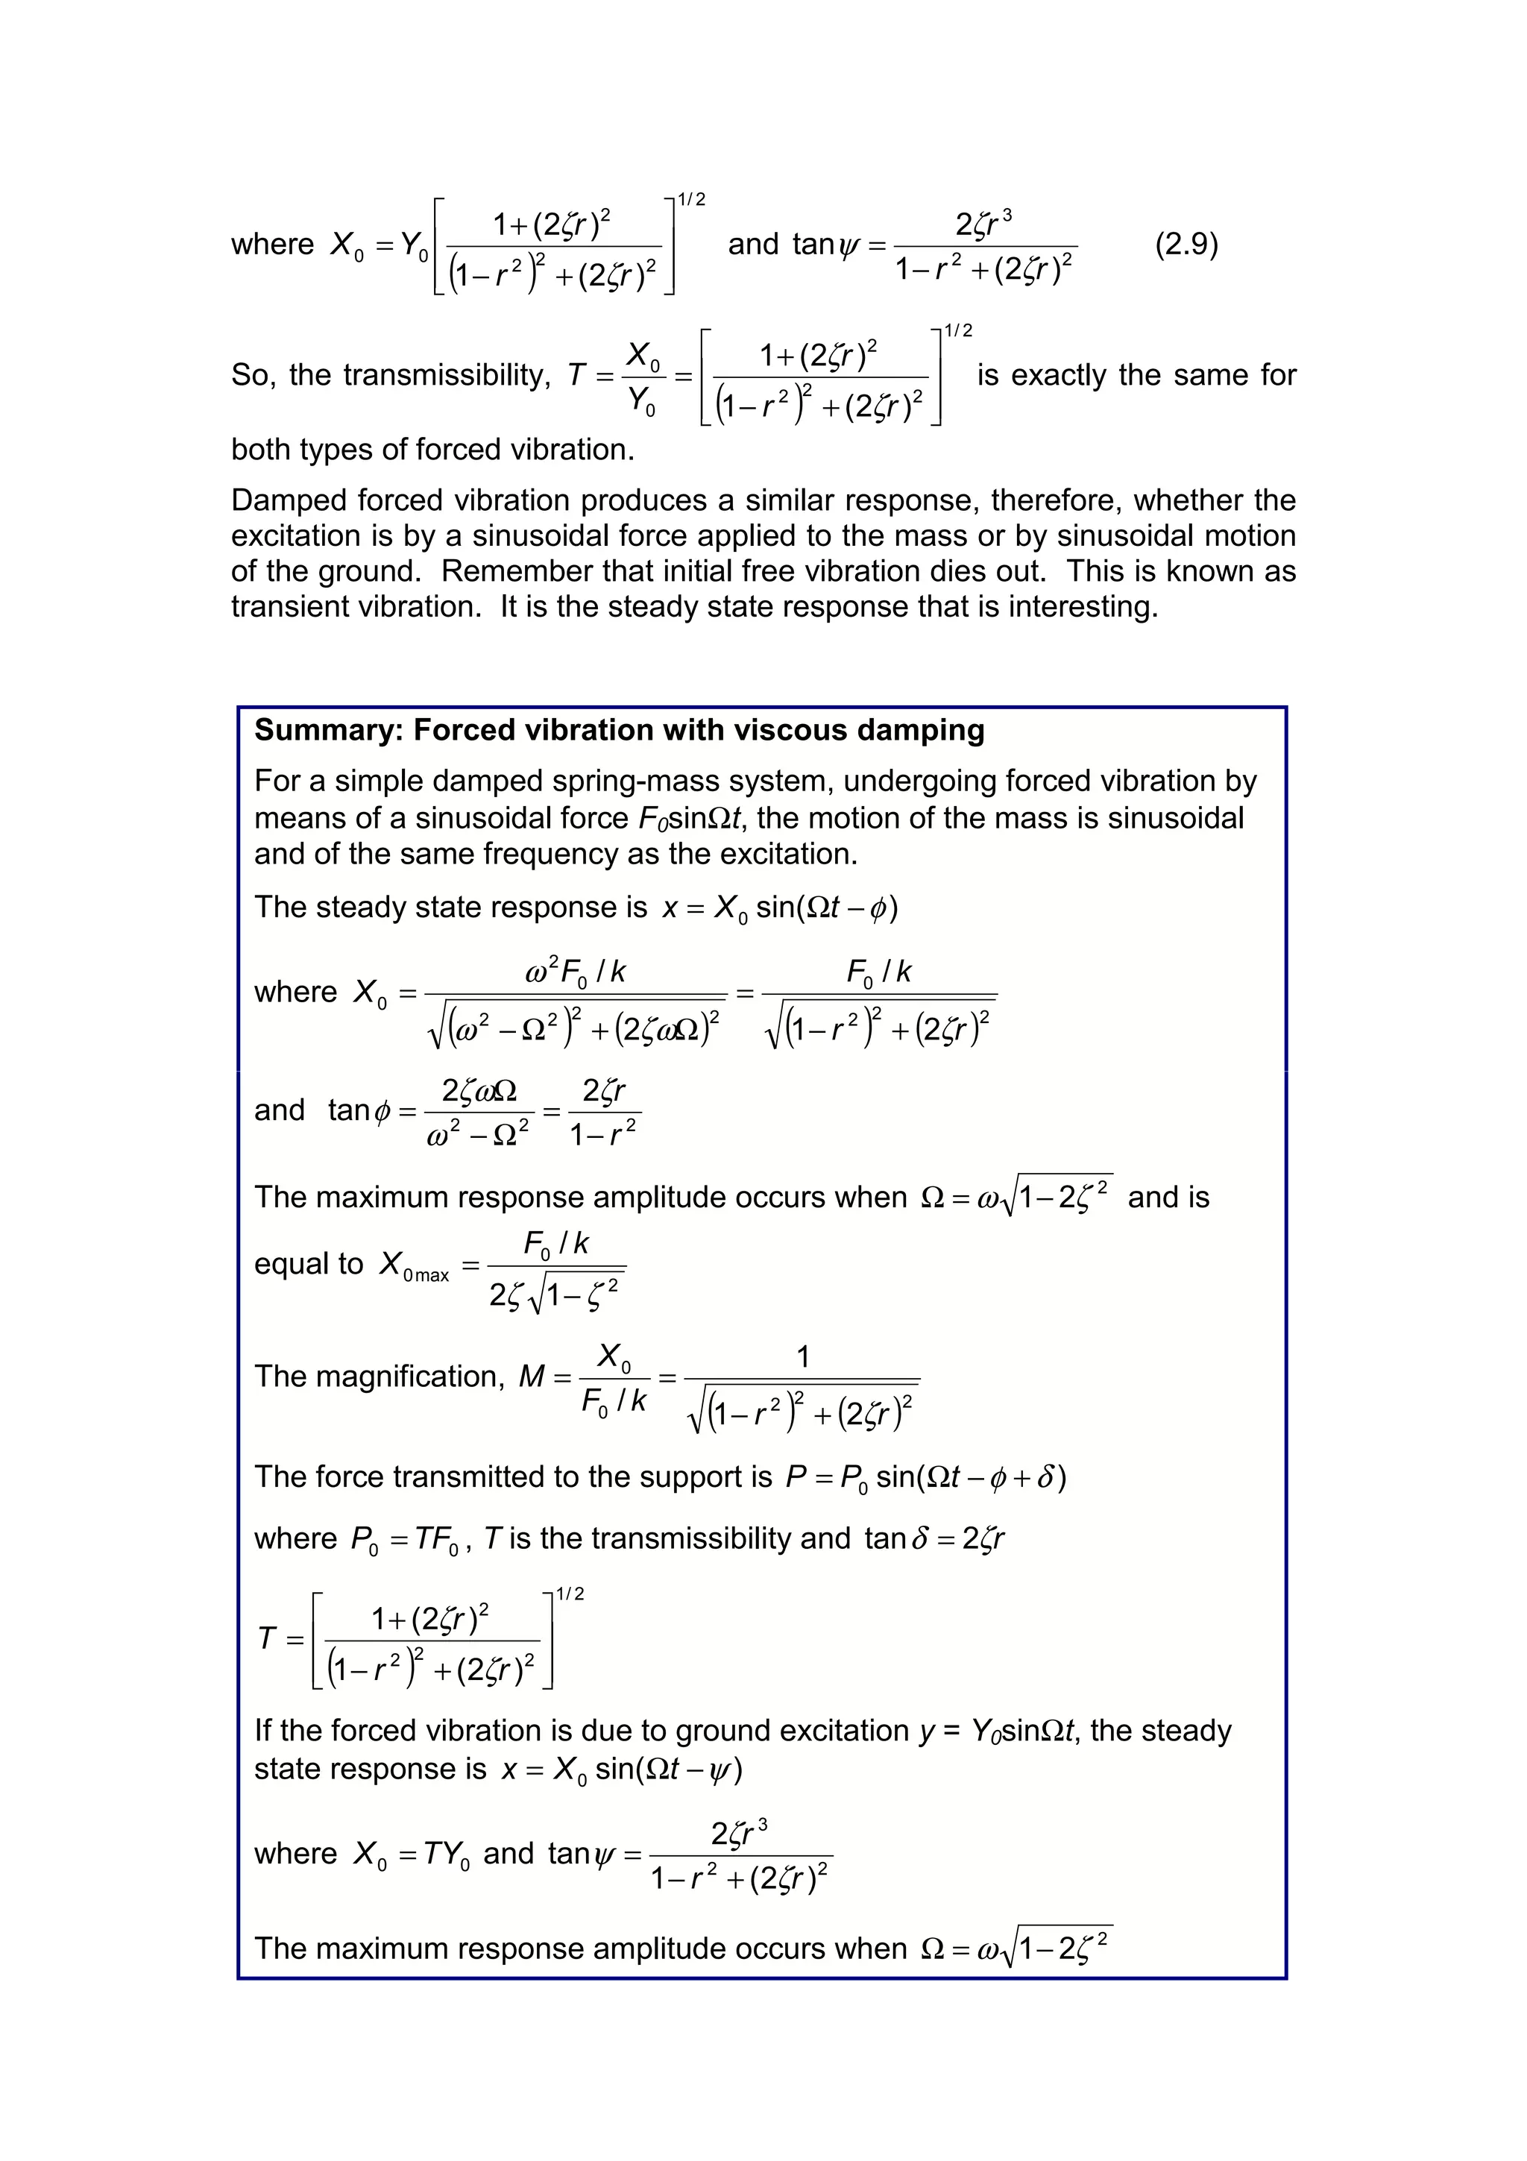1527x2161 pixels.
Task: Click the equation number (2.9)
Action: [x=1186, y=245]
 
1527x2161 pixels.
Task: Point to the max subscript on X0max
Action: [x=432, y=1277]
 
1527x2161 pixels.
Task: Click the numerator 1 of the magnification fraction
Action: [x=802, y=1357]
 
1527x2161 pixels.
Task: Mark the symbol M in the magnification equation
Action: [x=532, y=1377]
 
